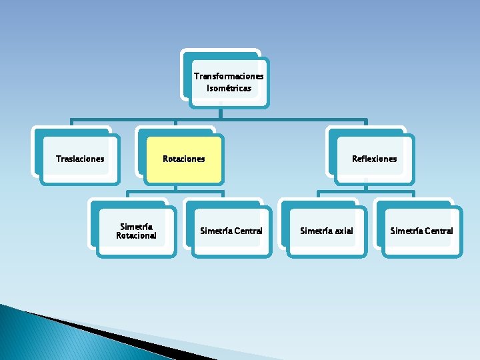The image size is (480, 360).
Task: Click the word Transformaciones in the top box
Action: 229,76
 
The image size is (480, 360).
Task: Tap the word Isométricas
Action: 229,88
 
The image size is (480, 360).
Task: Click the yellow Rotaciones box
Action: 184,159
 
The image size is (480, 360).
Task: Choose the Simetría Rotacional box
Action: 136,231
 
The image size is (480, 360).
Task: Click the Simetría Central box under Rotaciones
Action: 231,231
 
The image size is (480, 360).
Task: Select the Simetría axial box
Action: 327,231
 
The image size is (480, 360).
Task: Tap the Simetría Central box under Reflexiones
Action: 421,231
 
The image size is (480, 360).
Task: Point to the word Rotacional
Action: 136,235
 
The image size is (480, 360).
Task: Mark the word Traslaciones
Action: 80,159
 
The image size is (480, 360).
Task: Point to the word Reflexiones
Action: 375,159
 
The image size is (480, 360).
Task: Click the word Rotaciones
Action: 184,159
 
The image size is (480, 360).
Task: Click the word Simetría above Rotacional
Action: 136,227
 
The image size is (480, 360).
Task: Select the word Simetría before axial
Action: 315,231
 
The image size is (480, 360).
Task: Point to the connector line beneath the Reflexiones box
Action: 365,194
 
